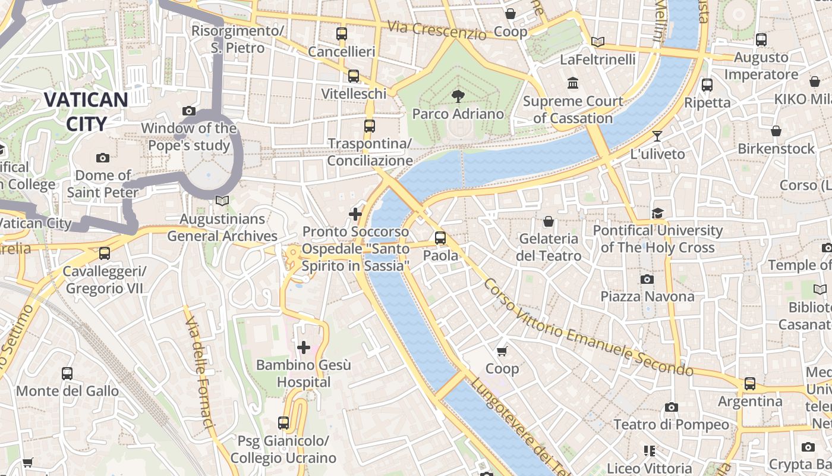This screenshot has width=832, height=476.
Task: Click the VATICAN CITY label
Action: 86,112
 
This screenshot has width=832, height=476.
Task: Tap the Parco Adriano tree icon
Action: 458,96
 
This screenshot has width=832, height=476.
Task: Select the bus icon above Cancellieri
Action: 341,34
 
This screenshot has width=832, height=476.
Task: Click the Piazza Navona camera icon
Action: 647,279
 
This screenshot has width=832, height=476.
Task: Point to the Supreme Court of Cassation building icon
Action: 573,83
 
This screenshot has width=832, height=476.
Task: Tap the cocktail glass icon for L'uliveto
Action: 657,136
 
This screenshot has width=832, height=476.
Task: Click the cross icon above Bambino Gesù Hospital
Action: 304,347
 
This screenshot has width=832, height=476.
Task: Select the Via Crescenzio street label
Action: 437,30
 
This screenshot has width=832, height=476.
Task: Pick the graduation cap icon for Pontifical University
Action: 657,213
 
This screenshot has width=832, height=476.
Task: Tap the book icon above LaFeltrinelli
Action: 598,42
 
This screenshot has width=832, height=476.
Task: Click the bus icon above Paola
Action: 440,238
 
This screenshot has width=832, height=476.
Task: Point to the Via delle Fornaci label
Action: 199,372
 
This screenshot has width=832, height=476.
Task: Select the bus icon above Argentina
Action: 750,384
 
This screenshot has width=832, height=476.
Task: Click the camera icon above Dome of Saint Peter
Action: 103,158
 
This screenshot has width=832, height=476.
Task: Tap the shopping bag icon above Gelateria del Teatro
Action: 549,221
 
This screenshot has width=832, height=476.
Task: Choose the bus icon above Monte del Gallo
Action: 67,374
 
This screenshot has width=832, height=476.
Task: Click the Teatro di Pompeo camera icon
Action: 672,407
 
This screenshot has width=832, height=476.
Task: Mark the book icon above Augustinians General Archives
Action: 222,201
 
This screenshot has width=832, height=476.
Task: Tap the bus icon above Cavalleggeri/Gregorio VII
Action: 105,253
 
